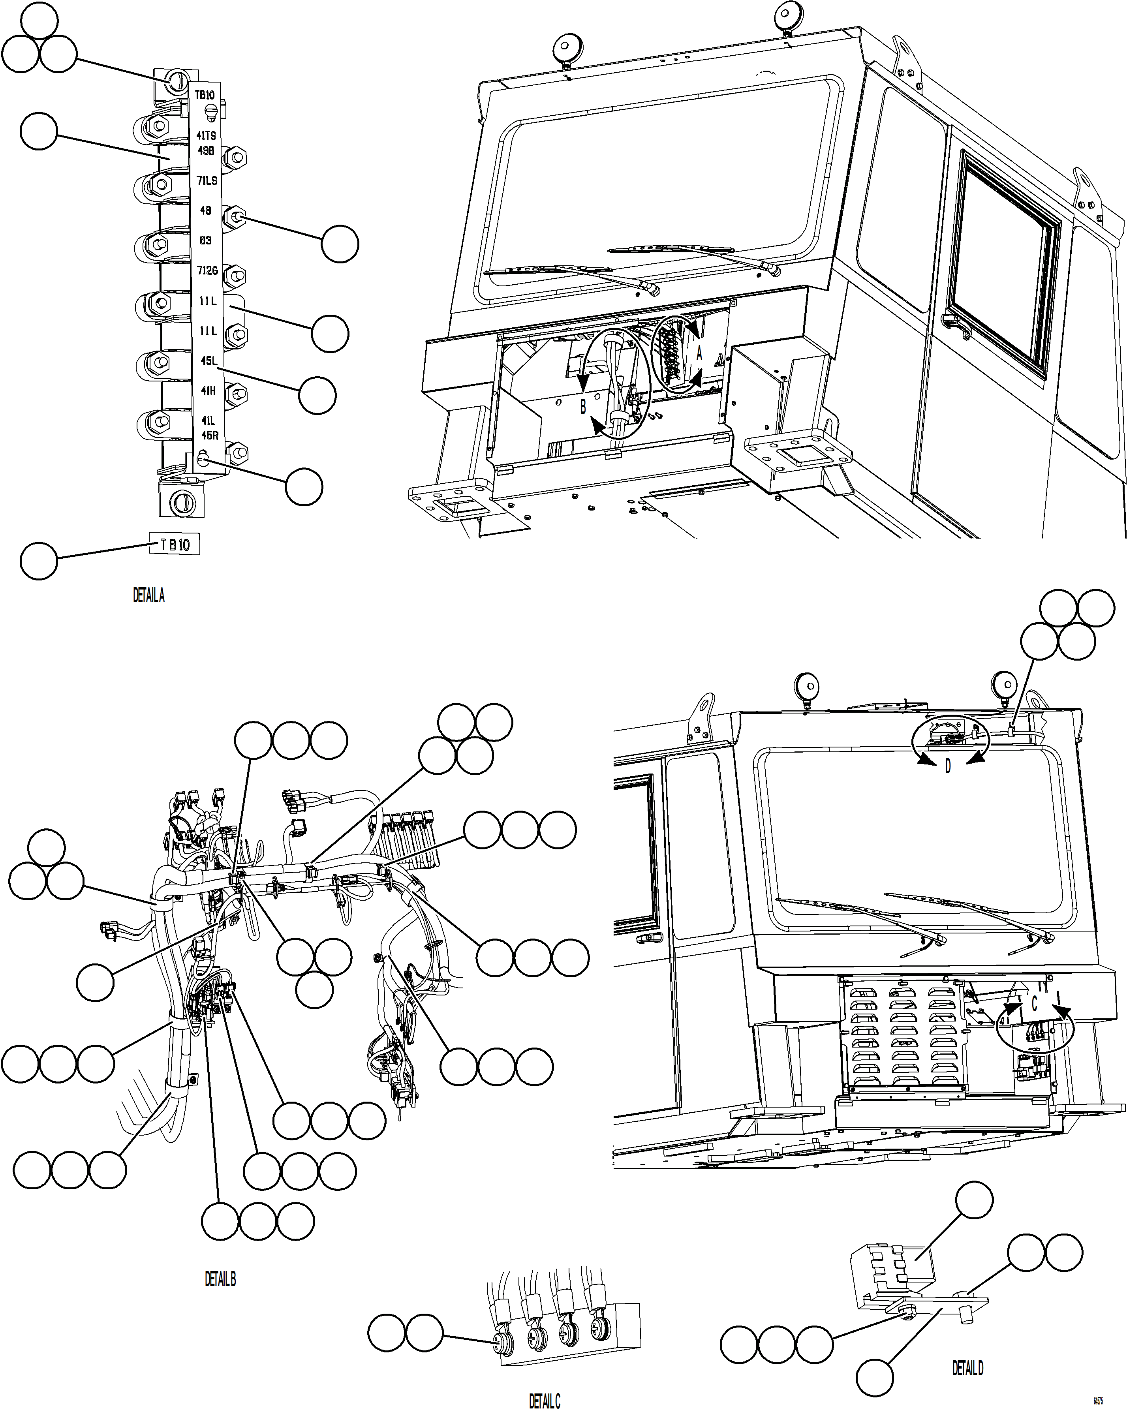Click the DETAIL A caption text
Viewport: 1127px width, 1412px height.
coord(148,595)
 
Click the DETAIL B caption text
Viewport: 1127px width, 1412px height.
coord(220,1279)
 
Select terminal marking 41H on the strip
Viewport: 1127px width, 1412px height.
coord(208,391)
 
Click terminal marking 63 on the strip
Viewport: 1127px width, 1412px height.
coord(206,240)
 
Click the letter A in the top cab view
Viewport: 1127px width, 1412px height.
coord(699,354)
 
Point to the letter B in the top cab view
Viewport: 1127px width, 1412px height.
coord(583,407)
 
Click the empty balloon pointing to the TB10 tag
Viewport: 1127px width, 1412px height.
coord(39,560)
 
